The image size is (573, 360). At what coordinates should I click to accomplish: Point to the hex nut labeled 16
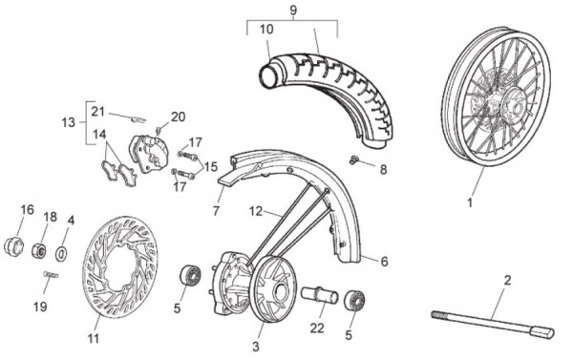coord(13,246)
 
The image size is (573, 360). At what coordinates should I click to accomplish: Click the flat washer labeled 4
coord(61,253)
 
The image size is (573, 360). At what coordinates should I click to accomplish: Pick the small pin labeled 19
coord(51,274)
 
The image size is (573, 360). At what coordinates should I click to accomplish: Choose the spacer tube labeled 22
coord(319,295)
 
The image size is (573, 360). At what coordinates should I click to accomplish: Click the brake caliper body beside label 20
coord(149,153)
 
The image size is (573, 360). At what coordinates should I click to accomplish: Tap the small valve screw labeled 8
coord(353,159)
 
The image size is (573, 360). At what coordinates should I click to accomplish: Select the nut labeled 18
coord(38,250)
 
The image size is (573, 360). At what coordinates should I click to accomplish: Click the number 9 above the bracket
coord(293,11)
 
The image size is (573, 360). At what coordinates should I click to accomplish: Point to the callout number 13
coord(69,122)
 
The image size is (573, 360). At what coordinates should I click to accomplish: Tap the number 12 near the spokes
coord(256,211)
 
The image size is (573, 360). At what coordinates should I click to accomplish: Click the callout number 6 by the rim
coord(385,262)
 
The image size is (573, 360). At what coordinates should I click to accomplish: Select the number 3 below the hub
coord(256,346)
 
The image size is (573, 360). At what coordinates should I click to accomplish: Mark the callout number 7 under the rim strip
coord(216,211)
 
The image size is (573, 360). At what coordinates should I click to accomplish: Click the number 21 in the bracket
coord(98,111)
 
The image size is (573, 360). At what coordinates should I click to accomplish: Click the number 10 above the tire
coord(266,30)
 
